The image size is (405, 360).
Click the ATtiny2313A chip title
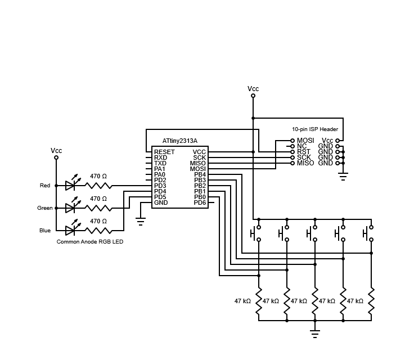(x=179, y=141)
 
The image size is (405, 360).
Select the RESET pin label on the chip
(x=164, y=152)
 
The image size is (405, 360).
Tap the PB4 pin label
(x=200, y=174)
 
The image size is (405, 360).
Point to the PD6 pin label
(x=200, y=202)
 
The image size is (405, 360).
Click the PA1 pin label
(x=160, y=169)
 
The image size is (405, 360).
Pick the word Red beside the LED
(x=45, y=186)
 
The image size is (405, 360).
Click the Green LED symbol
(x=70, y=208)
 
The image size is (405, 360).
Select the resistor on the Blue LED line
(x=98, y=231)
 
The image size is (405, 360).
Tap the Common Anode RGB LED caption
(x=90, y=241)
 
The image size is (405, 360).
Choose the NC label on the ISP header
(x=302, y=146)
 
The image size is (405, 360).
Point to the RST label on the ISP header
(x=304, y=152)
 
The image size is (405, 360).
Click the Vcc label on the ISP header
(x=327, y=141)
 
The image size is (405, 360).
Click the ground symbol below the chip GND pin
(x=141, y=221)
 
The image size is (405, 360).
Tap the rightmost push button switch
(x=368, y=232)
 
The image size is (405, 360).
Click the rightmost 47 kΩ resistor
(x=371, y=301)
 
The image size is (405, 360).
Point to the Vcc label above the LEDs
(x=56, y=151)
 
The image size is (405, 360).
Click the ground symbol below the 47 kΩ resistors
(x=315, y=334)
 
